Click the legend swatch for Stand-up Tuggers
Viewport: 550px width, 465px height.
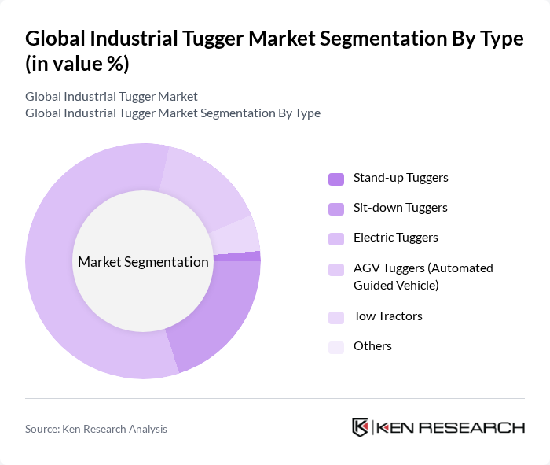click(x=336, y=179)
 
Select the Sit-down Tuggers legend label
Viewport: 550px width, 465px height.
click(x=400, y=208)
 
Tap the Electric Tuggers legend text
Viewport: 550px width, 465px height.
click(x=395, y=238)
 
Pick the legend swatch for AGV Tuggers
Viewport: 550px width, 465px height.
click(x=336, y=269)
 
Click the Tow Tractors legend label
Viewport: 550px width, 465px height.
click(x=387, y=316)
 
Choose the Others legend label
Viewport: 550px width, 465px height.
click(x=372, y=346)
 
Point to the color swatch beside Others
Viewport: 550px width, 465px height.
click(x=336, y=347)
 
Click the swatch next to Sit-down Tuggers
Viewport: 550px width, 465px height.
click(x=336, y=209)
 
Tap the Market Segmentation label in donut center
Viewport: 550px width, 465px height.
click(x=143, y=262)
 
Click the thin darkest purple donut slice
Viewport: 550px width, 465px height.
click(x=250, y=256)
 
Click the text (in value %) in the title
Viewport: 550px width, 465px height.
click(x=77, y=64)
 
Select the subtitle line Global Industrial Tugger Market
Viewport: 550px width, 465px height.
click(x=112, y=97)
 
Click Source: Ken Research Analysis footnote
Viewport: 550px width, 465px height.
click(x=96, y=429)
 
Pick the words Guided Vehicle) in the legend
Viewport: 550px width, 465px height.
click(x=396, y=285)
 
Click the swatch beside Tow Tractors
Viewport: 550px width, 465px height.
click(x=336, y=317)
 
